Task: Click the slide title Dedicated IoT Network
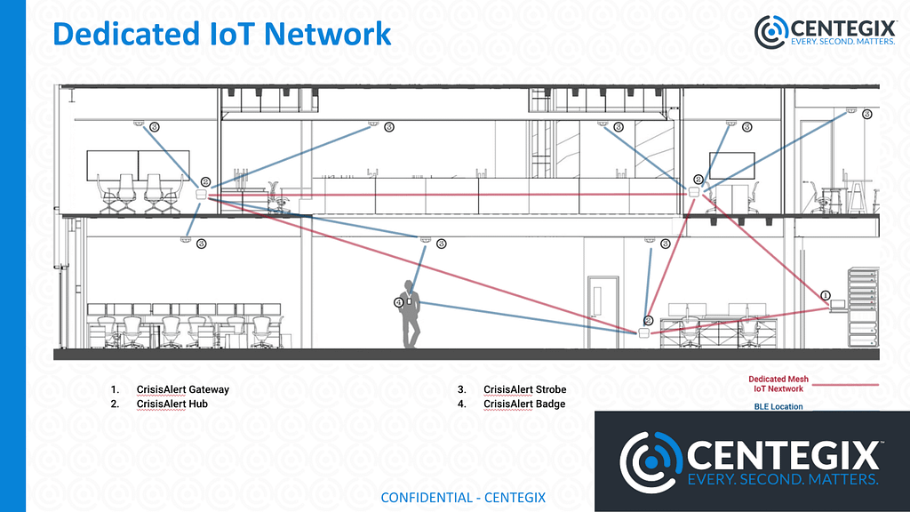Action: click(x=221, y=34)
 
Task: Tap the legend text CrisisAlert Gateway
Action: click(x=182, y=389)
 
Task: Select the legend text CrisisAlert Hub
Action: click(x=172, y=404)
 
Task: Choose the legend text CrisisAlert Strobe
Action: click(x=524, y=389)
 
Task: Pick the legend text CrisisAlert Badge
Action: click(x=523, y=404)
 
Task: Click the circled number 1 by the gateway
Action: click(x=825, y=295)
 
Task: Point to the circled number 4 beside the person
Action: click(x=398, y=302)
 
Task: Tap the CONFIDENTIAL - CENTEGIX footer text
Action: click(x=463, y=497)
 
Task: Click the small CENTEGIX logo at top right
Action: click(x=824, y=31)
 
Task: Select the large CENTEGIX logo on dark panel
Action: click(x=752, y=459)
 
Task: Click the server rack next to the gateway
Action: click(x=863, y=307)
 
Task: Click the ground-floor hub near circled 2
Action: click(x=643, y=332)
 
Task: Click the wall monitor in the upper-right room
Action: click(x=731, y=165)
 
